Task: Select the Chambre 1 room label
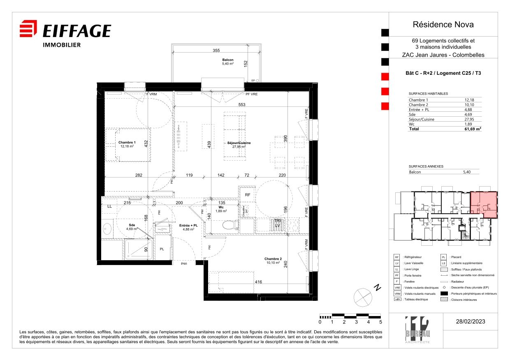tap(127, 144)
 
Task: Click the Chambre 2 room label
tap(272, 261)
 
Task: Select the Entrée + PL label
tap(188, 227)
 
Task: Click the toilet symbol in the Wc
tap(229, 225)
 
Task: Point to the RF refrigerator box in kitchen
tap(248, 195)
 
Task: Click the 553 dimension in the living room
tap(241, 105)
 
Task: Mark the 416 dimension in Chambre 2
tap(258, 282)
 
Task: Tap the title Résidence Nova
tap(443, 25)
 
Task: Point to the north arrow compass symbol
tap(362, 295)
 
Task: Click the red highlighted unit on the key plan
tap(483, 204)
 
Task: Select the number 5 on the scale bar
tap(380, 322)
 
